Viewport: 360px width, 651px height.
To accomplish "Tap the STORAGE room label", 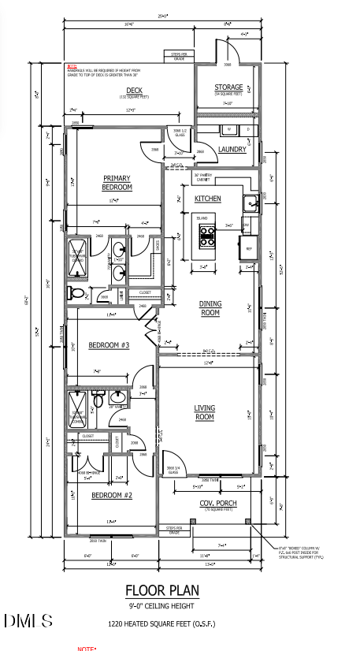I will point(228,87).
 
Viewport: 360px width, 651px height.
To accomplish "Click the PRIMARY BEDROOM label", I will point(117,183).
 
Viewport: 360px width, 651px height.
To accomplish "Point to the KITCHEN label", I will point(207,199).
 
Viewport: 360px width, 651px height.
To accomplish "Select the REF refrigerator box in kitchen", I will point(249,248).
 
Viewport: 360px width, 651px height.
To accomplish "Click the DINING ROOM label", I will point(209,308).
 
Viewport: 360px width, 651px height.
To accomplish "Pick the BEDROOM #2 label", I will point(111,495).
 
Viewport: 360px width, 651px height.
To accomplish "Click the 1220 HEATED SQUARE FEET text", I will point(161,624).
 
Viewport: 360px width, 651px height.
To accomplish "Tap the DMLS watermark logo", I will point(28,621).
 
